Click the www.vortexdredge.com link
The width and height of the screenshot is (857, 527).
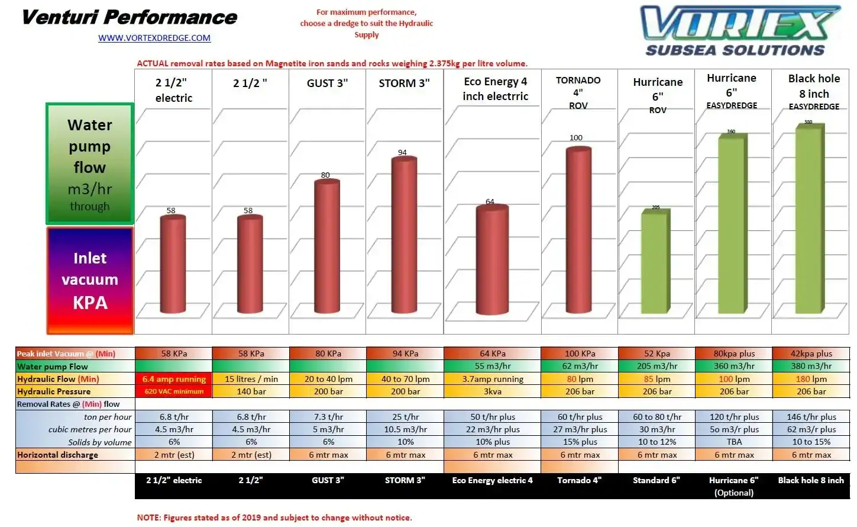[154, 38]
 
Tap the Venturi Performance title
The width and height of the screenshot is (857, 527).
[129, 17]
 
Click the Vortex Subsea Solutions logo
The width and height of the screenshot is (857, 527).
[739, 31]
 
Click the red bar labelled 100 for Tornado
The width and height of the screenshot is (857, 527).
[579, 230]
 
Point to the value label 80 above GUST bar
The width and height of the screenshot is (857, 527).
[325, 175]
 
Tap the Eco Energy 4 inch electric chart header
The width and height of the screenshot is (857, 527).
[495, 89]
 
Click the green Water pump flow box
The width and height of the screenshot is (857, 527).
[90, 164]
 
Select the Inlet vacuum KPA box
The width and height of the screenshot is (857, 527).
[90, 281]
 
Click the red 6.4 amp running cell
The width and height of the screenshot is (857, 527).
[174, 379]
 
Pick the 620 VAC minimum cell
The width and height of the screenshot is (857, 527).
[174, 391]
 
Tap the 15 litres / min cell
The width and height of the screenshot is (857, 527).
[251, 379]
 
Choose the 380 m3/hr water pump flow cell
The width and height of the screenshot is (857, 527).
[811, 366]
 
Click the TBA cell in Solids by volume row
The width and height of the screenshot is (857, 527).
[734, 442]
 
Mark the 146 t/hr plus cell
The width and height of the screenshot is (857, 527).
[811, 417]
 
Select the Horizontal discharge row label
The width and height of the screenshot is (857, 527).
[58, 455]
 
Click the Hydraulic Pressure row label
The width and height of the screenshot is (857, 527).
[54, 391]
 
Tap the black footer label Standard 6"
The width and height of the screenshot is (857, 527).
[656, 480]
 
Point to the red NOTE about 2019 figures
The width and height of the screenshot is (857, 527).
[274, 518]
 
